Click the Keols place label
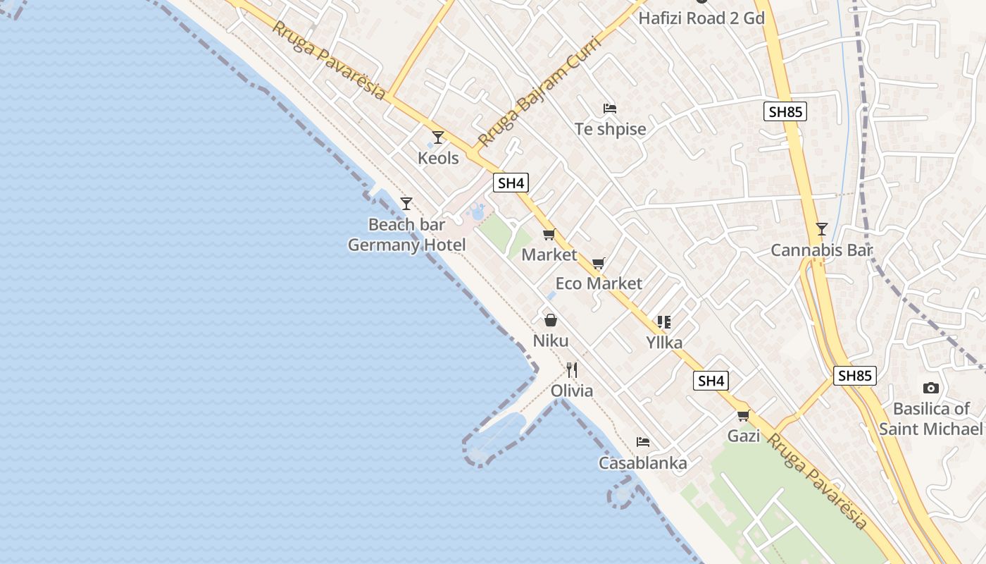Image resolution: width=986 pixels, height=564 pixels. (x=438, y=158)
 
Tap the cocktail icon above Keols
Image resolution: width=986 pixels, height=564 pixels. (x=438, y=137)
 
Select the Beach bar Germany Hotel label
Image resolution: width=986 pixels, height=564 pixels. (x=407, y=235)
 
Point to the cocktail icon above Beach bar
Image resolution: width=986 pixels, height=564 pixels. (x=406, y=204)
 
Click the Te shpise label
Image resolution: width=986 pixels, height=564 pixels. (x=610, y=129)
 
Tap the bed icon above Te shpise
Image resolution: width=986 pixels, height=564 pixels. (x=610, y=109)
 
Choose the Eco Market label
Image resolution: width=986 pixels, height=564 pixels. (x=599, y=283)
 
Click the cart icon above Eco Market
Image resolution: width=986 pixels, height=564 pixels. (x=599, y=264)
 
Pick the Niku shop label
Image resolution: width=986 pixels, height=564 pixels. (x=551, y=341)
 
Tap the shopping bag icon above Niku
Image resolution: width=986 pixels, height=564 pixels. (x=551, y=321)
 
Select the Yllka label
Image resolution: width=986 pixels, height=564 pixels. (x=664, y=343)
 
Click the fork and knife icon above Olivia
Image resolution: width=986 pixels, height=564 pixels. (x=572, y=370)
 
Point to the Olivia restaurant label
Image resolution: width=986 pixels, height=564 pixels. (x=572, y=391)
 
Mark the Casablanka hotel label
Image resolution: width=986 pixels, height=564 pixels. (x=642, y=463)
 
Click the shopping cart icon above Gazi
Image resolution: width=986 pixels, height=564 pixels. (x=744, y=416)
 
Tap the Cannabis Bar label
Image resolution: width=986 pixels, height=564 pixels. (x=821, y=250)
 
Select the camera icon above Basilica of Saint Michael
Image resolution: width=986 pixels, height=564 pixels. (x=931, y=388)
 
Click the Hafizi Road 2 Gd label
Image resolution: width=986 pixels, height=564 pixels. (x=701, y=18)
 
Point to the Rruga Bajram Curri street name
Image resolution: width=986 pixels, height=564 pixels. (x=539, y=92)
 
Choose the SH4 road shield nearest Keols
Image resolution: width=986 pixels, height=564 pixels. (x=511, y=183)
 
